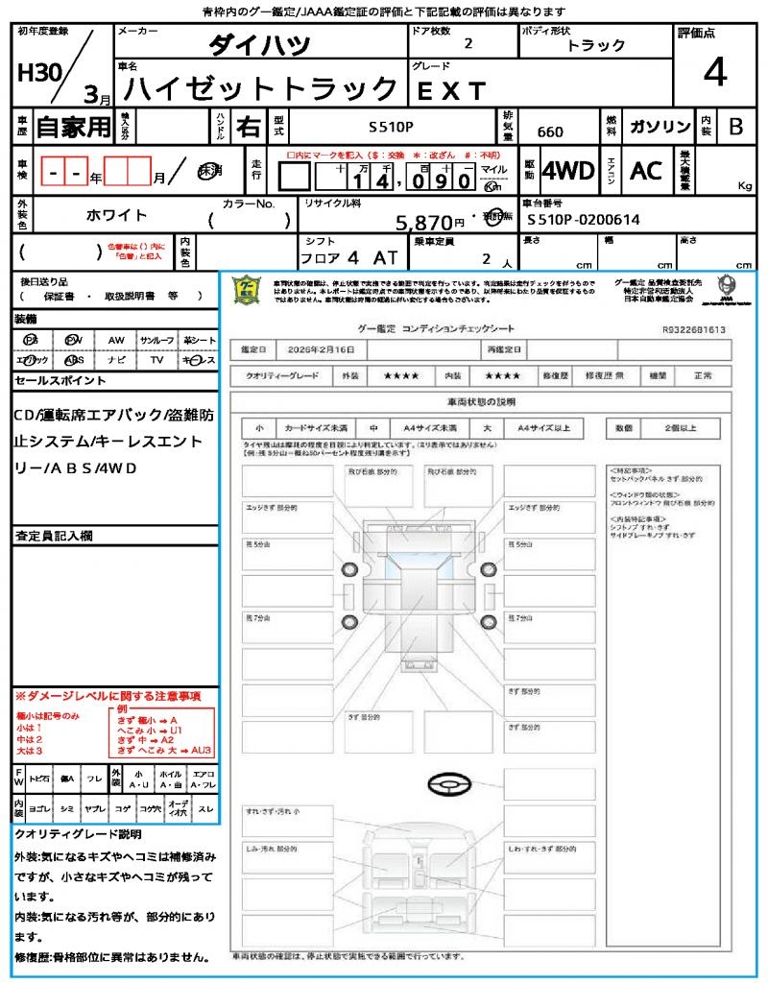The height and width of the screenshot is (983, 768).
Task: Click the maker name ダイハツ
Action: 259,46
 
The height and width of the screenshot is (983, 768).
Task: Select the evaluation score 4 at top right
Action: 714,73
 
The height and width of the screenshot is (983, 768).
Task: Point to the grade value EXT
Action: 451,91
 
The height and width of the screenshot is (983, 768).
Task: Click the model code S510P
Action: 392,127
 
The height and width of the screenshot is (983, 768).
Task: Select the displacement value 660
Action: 551,132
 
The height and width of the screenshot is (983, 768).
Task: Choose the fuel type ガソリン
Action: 660,128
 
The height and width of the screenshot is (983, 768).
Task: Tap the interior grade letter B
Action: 735,127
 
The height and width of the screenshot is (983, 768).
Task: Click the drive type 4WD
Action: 568,171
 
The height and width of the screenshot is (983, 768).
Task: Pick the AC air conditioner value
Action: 646,171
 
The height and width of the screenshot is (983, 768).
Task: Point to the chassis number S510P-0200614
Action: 584,220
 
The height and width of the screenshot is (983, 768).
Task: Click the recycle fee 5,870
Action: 424,223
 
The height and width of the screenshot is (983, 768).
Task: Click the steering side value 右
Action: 248,127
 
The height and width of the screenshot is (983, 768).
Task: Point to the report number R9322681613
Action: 694,329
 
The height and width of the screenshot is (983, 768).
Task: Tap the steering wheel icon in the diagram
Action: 449,786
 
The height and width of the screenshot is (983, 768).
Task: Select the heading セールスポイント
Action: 60,381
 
